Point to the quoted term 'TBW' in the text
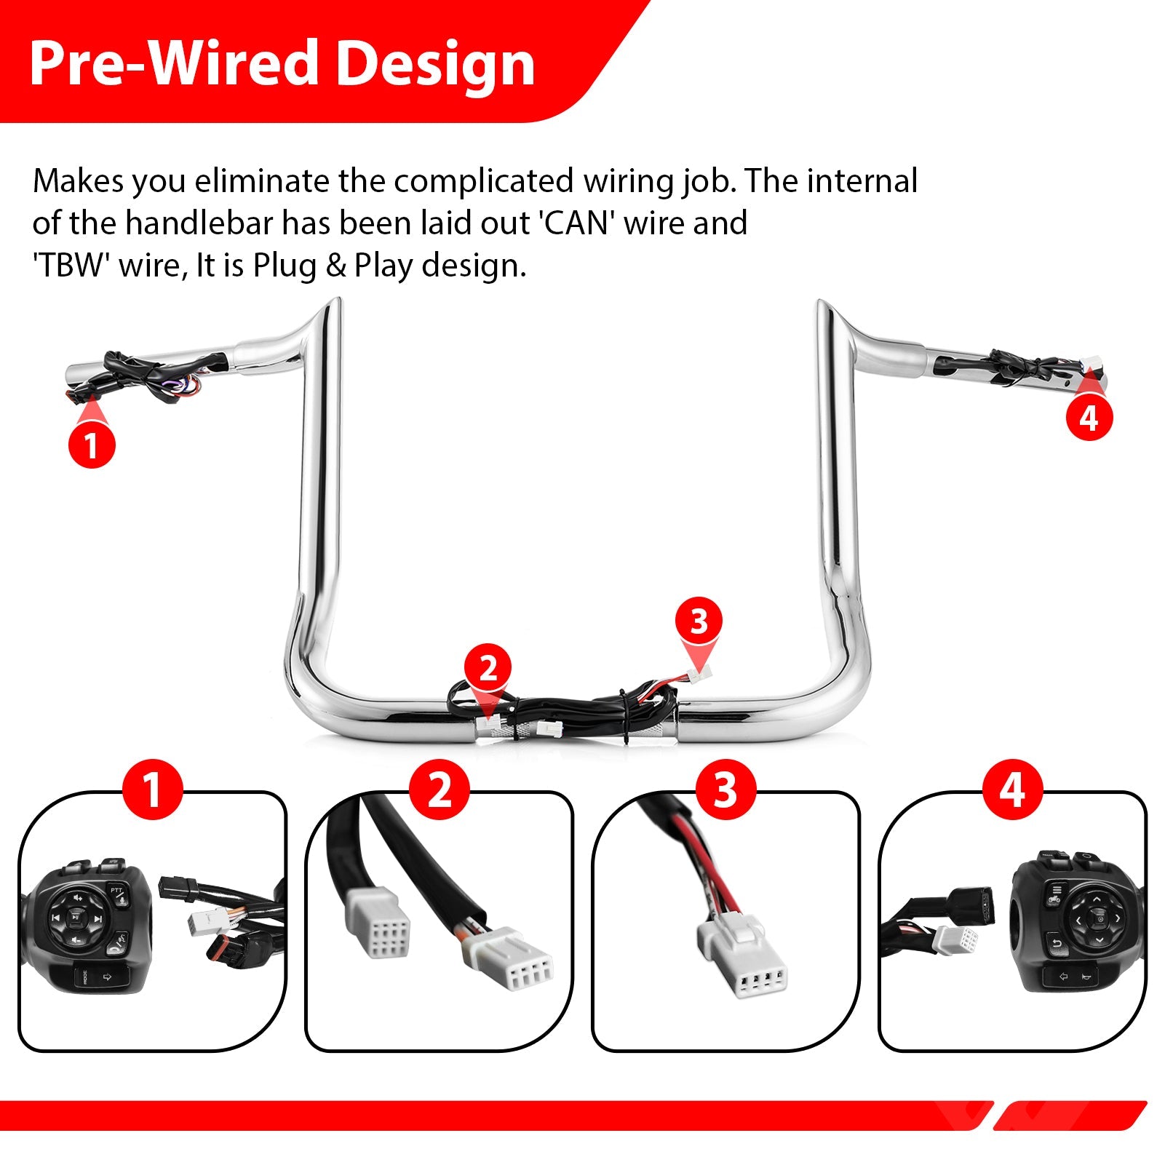(71, 265)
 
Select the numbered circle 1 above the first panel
(152, 790)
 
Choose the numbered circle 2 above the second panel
(439, 790)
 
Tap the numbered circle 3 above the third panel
(725, 790)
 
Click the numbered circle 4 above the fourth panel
(1012, 790)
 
